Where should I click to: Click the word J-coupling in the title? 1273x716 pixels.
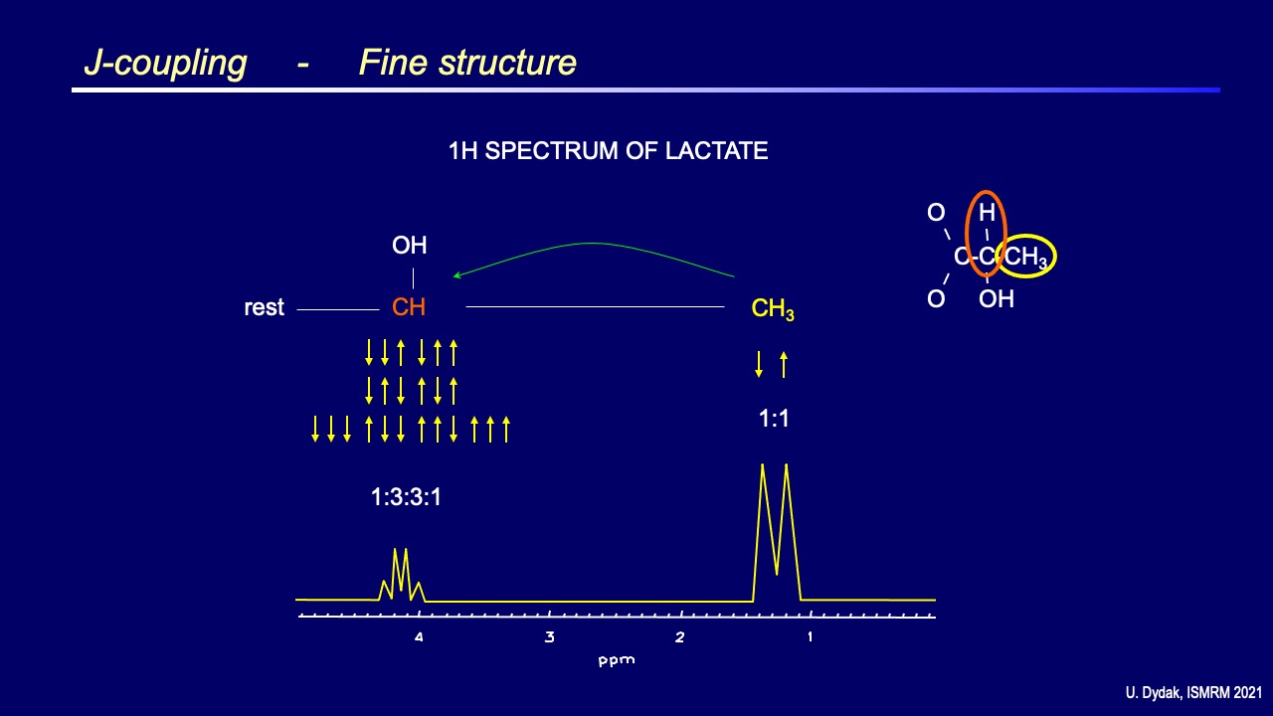165,63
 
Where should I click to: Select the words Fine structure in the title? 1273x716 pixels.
467,63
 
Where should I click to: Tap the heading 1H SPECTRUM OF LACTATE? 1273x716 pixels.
608,151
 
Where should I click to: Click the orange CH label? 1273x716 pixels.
409,307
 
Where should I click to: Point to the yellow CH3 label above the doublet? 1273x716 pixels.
773,309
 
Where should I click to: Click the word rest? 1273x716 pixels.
264,308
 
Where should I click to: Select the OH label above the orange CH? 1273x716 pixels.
409,246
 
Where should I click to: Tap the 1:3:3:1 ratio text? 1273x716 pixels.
406,497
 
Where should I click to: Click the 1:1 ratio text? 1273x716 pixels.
774,419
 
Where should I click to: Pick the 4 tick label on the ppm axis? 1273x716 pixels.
419,637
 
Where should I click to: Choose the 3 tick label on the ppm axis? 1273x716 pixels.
549,637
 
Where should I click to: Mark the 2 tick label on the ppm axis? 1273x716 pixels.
679,637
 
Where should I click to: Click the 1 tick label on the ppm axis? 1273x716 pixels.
810,637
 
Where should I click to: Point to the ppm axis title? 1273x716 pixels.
617,660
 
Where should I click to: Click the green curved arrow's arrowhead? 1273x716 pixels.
456,276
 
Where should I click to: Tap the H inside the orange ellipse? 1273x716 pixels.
987,213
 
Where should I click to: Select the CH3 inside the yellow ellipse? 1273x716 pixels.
1025,259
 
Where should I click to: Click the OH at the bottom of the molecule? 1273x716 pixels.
997,298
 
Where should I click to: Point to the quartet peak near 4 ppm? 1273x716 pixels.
401,572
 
